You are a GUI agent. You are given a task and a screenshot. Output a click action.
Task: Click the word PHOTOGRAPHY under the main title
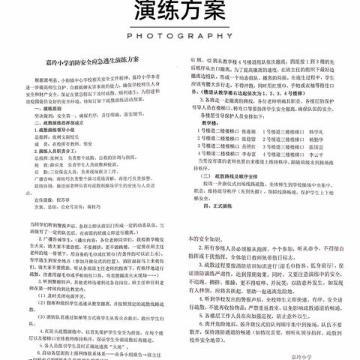pos(180,35)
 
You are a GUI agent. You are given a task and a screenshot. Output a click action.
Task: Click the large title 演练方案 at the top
pos(180,11)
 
